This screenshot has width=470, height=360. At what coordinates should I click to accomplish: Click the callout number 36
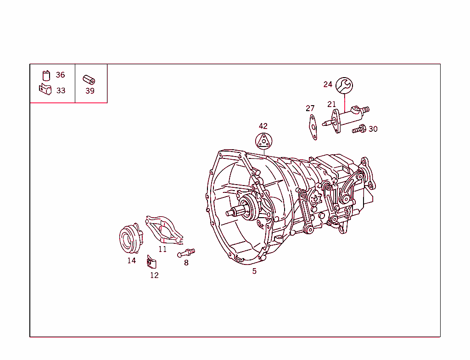(x=60, y=75)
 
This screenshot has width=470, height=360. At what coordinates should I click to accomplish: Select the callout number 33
(x=61, y=90)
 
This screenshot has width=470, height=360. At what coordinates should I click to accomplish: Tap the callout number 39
(x=90, y=91)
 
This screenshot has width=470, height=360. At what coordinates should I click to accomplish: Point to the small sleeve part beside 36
(x=46, y=75)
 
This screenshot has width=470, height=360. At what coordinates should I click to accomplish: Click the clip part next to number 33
(x=45, y=89)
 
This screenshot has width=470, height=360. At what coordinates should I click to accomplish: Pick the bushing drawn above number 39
(x=89, y=79)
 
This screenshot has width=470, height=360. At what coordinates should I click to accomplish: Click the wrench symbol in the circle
(x=344, y=85)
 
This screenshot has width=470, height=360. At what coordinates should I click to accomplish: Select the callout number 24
(x=328, y=84)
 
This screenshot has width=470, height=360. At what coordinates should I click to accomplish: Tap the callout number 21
(x=332, y=104)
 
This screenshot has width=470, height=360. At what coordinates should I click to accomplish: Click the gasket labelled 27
(x=312, y=126)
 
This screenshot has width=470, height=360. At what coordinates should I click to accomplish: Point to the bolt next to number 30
(x=358, y=129)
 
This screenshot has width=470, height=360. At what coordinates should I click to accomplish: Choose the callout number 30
(x=373, y=129)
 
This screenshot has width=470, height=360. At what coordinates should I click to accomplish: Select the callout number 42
(x=263, y=126)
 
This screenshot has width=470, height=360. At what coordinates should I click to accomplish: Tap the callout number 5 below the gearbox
(x=254, y=271)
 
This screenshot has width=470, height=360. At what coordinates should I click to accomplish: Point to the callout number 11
(x=162, y=249)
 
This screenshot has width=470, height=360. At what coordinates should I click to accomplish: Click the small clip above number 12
(x=151, y=262)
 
